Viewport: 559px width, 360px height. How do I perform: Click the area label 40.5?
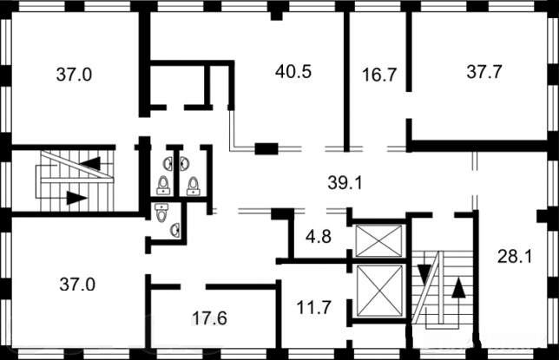click(293, 71)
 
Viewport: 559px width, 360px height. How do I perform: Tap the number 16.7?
click(379, 75)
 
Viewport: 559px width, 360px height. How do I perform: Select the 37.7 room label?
click(483, 72)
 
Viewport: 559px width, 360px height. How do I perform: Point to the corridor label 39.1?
click(345, 183)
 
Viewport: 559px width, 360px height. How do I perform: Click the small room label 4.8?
click(319, 236)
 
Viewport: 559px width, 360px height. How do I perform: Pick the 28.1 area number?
click(515, 256)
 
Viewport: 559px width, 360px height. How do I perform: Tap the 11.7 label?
click(313, 307)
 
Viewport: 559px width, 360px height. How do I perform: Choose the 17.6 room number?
click(209, 318)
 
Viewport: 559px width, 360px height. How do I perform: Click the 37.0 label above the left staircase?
click(74, 75)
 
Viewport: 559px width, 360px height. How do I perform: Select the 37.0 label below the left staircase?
click(77, 285)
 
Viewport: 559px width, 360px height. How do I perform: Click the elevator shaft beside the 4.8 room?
click(379, 240)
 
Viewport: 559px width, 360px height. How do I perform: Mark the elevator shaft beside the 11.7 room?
click(379, 291)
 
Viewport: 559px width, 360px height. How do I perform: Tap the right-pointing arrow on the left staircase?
click(76, 198)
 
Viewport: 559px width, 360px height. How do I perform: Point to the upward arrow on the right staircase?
click(458, 288)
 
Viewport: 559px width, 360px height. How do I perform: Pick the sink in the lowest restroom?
click(175, 230)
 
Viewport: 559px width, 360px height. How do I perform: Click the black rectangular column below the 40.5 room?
click(266, 148)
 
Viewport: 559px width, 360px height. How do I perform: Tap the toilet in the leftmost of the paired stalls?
click(163, 186)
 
